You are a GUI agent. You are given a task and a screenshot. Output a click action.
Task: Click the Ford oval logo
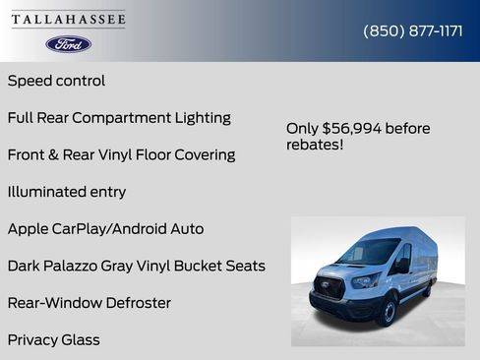click(x=69, y=44)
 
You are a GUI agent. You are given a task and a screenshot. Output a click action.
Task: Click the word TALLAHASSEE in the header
click(x=69, y=20)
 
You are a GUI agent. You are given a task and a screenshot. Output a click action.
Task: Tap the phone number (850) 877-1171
click(x=413, y=30)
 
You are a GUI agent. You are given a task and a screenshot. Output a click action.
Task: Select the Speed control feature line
click(x=56, y=81)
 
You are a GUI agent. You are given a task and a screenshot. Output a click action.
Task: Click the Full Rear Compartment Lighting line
click(x=119, y=118)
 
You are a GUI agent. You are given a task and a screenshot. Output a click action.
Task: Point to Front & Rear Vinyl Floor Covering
click(x=121, y=154)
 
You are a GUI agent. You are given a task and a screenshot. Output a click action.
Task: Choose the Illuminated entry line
click(x=67, y=192)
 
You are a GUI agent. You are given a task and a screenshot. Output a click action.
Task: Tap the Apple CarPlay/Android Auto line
click(x=105, y=229)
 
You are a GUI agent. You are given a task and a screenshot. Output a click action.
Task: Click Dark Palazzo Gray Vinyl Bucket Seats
click(x=136, y=266)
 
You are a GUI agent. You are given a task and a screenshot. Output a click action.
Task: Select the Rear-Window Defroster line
click(x=90, y=303)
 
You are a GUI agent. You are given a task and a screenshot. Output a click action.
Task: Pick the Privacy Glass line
click(x=54, y=340)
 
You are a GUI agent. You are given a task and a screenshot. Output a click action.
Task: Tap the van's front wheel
click(x=387, y=313)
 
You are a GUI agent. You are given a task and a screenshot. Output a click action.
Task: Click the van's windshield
click(x=369, y=253)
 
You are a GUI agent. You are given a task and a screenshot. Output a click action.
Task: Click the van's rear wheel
click(x=429, y=290)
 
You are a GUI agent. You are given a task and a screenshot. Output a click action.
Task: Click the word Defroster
click(x=131, y=303)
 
